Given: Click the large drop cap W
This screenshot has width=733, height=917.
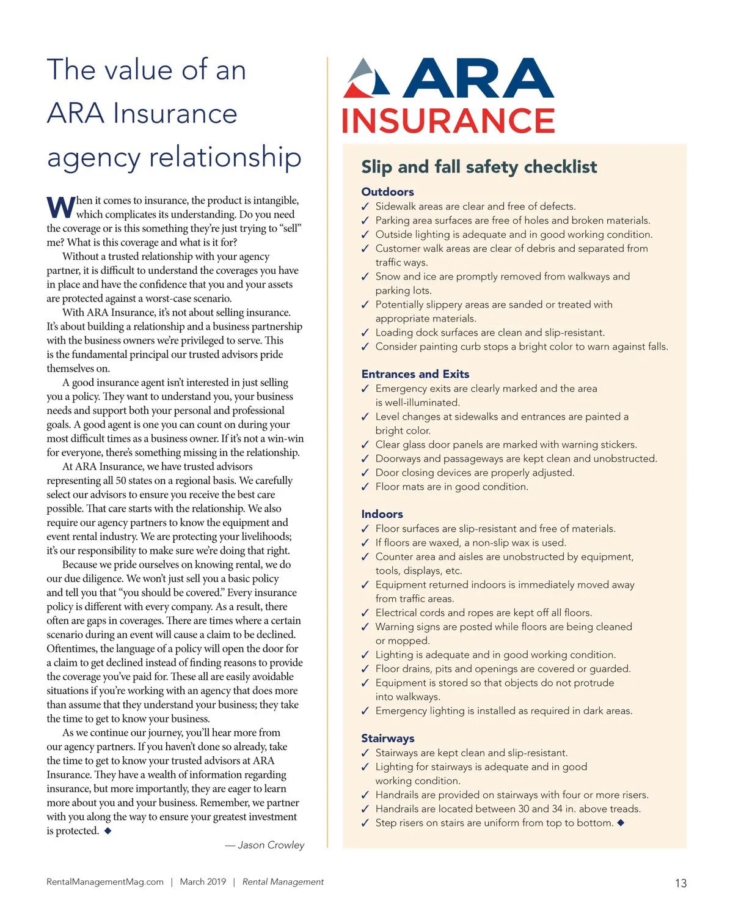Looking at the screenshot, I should click(60, 208).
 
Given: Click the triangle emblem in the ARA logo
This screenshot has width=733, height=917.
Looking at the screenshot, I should click(366, 79).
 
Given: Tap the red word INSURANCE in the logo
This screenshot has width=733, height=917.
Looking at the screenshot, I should click(448, 120).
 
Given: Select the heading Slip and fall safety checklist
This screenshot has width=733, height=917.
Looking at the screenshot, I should click(479, 167).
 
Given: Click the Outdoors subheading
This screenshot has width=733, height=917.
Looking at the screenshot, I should click(387, 192).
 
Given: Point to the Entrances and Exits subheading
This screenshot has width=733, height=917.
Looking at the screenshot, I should click(415, 374).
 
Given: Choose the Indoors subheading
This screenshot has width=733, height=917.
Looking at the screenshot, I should click(382, 514).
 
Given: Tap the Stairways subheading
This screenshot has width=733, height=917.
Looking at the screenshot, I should click(387, 738).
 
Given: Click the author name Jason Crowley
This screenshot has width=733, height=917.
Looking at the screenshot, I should click(271, 845).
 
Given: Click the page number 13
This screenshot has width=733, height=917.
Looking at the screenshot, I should click(680, 883).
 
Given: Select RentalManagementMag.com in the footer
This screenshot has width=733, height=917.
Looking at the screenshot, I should click(105, 882).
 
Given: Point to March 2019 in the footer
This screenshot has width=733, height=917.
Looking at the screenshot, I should click(203, 882).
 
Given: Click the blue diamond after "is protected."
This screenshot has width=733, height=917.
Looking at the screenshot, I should click(108, 831).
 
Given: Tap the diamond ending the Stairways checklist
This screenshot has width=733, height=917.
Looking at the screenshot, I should click(621, 823).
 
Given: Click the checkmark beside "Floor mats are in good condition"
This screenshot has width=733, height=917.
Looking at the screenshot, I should click(365, 487).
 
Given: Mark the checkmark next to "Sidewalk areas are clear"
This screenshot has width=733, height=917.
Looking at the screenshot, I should click(365, 207).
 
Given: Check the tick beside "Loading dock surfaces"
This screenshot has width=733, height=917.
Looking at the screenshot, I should click(365, 333).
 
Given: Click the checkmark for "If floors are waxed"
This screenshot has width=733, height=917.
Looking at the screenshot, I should click(365, 543).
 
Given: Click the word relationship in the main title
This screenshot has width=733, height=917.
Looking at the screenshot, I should click(225, 157).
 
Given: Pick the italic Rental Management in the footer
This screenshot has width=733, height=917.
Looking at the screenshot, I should click(283, 882).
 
